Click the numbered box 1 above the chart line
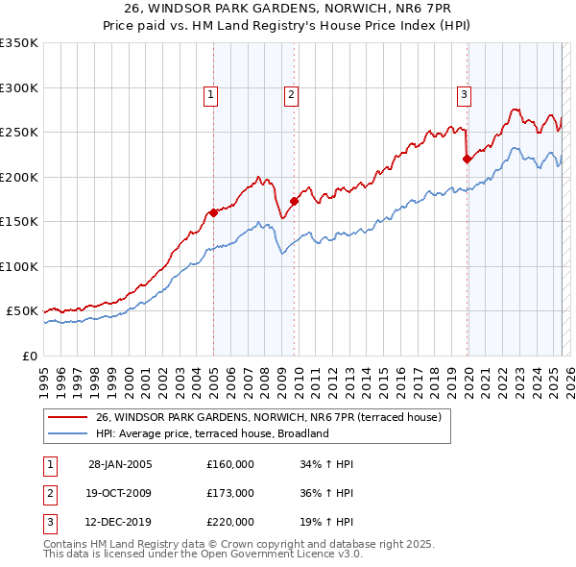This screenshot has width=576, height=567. click(210, 94)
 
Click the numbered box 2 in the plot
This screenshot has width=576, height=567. click(290, 94)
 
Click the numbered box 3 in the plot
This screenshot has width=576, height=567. click(464, 94)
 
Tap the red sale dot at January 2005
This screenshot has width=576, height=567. click(213, 213)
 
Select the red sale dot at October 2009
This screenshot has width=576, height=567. click(294, 202)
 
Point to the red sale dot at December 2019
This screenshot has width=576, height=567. click(467, 160)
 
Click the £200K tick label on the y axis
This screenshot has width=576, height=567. click(19, 177)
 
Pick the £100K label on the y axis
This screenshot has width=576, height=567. click(19, 266)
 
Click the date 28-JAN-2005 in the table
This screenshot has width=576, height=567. click(119, 464)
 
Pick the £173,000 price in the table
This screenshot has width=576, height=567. click(229, 494)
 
